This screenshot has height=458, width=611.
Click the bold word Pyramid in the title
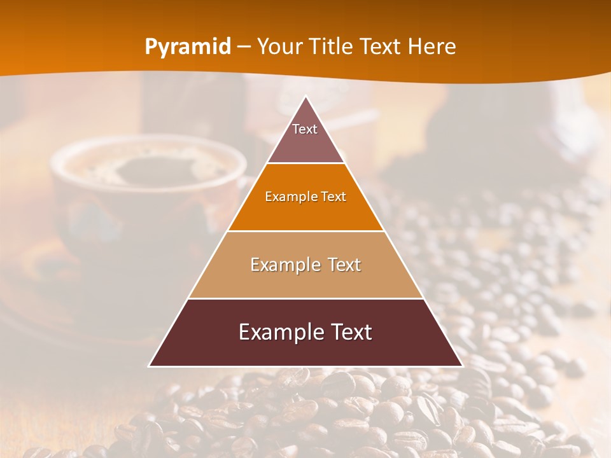point(188,47)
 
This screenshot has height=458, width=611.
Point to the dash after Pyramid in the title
point(244,47)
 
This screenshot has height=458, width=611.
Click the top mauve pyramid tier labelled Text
point(305,137)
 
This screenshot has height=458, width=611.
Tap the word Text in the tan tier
point(341,265)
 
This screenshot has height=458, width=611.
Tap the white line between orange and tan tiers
point(305,231)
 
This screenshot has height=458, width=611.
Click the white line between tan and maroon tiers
point(305,298)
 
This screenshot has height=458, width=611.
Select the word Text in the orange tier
point(334,197)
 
